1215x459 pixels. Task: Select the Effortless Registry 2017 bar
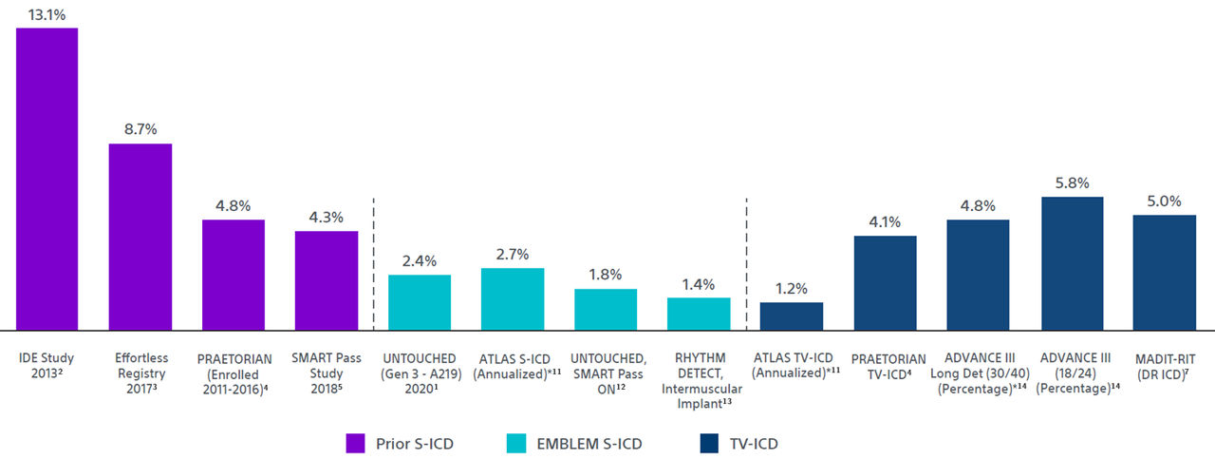tap(140, 237)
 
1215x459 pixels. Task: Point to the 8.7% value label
tap(140, 129)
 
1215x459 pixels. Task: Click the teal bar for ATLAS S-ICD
tap(513, 298)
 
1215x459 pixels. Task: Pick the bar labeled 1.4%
tap(699, 314)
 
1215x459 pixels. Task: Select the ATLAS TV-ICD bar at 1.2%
tap(792, 316)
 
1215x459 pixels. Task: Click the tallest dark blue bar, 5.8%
tap(1071, 263)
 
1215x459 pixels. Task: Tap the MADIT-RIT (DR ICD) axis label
tap(1164, 366)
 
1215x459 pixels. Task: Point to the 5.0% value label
tap(1164, 201)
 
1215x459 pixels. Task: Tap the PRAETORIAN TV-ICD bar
tap(885, 282)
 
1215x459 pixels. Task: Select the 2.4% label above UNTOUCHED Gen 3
tap(420, 260)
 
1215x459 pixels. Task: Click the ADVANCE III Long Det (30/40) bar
tap(978, 275)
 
